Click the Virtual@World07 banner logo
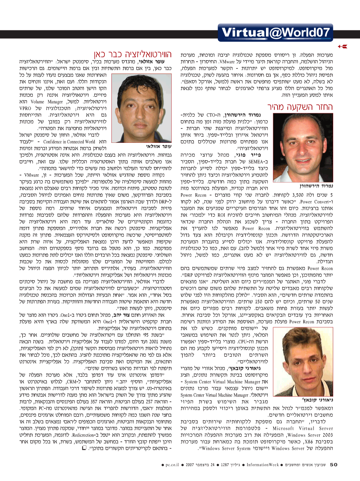(x=276, y=32)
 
